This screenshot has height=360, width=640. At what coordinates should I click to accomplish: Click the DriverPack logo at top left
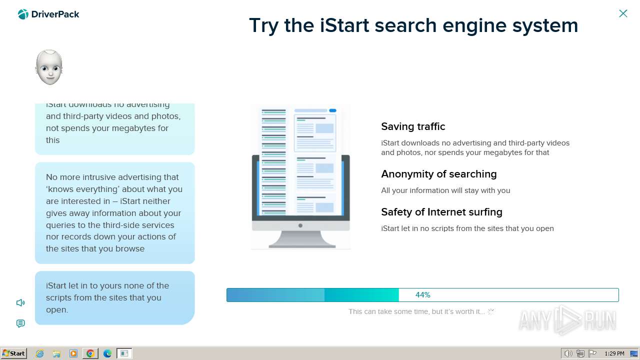click(x=48, y=14)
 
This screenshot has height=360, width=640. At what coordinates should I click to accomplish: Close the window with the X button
click(x=623, y=13)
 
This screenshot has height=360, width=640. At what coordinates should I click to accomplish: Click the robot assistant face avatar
click(x=49, y=67)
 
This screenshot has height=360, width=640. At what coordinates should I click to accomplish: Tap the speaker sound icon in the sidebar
click(x=20, y=302)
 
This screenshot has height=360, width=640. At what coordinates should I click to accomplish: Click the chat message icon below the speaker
click(x=20, y=323)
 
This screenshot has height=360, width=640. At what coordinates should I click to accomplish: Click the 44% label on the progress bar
click(x=422, y=295)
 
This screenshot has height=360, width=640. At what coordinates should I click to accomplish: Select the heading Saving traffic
click(x=413, y=126)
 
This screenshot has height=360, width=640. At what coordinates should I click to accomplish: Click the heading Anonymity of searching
click(x=438, y=174)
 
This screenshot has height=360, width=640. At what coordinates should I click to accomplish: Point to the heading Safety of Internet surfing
click(x=441, y=212)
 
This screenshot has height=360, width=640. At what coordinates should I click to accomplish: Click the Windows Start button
click(x=13, y=353)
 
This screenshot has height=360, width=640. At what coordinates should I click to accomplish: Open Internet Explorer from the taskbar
click(x=40, y=353)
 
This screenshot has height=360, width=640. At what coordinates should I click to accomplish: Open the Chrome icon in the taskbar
click(x=90, y=353)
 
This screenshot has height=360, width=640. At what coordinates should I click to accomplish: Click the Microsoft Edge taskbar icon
click(x=107, y=353)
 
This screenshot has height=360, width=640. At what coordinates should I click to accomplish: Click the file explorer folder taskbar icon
click(x=56, y=353)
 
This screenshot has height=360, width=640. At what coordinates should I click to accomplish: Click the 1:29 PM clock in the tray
click(x=614, y=353)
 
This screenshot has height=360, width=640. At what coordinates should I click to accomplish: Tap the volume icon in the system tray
click(x=568, y=353)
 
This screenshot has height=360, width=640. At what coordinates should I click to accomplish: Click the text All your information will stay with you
click(x=445, y=190)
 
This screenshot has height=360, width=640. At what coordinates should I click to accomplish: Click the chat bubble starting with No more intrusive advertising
click(x=114, y=213)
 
